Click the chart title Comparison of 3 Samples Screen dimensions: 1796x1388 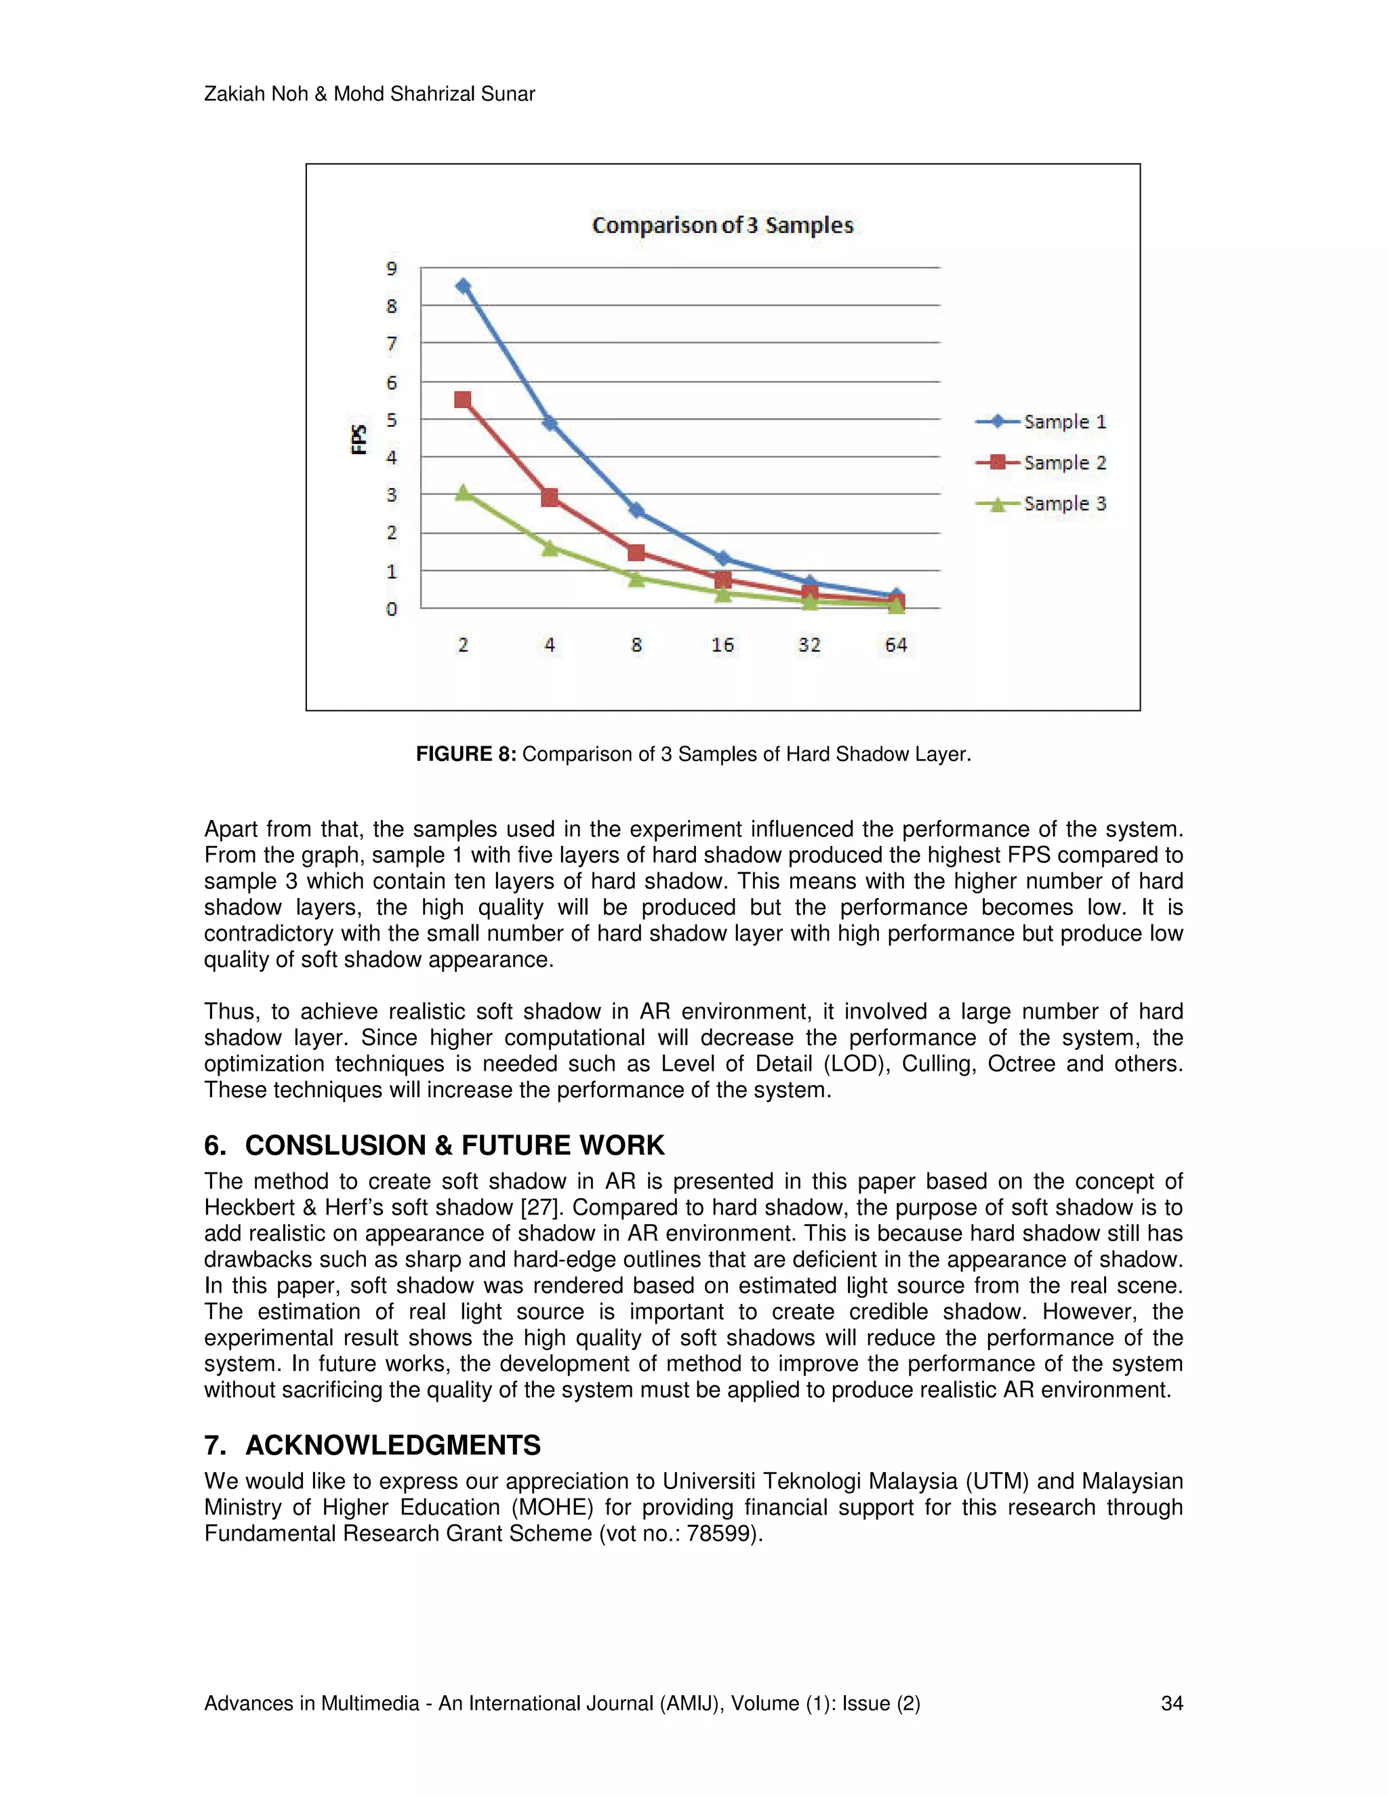[x=722, y=225]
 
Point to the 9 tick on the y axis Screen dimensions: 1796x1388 [x=392, y=269]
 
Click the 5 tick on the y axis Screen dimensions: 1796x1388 [x=392, y=420]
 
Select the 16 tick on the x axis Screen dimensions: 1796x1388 [x=722, y=645]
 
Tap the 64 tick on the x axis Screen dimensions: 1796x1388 [x=895, y=645]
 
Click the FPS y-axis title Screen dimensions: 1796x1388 [x=359, y=439]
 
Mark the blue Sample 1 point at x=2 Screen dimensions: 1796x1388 [x=463, y=286]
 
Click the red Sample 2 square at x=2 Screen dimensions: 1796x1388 [x=463, y=401]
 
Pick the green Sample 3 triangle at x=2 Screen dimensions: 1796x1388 [x=463, y=493]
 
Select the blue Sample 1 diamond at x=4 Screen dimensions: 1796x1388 [x=549, y=424]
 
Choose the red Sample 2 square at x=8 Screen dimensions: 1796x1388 [x=636, y=552]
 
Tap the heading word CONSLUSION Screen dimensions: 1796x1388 [x=338, y=1145]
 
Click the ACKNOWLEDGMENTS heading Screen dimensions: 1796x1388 [x=392, y=1445]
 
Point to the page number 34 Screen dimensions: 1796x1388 [x=1171, y=1703]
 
